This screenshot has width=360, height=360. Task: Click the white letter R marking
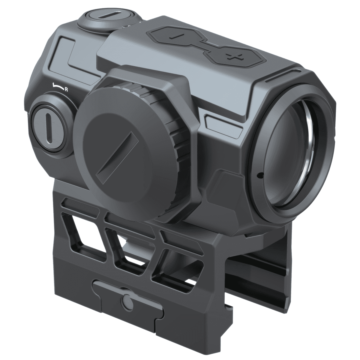[x=66, y=89]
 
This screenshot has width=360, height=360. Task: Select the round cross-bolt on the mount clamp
[x=127, y=301]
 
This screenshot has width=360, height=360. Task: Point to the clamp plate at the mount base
[x=129, y=312]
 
